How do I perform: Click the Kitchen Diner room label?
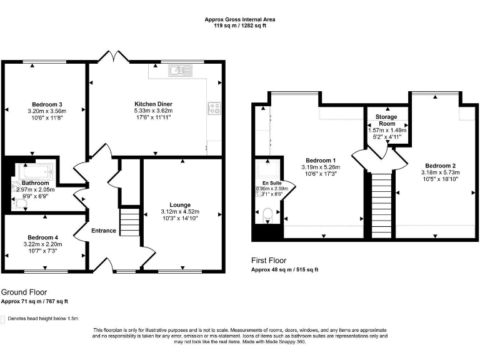[153, 104]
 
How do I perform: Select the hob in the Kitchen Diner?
[214, 109]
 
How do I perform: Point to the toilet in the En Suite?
[268, 214]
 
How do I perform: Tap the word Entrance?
[104, 231]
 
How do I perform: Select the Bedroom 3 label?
[47, 104]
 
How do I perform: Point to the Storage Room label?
[387, 120]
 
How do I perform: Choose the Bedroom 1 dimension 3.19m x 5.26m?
[321, 167]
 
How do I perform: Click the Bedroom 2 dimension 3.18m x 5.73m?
[440, 172]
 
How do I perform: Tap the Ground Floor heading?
[24, 292]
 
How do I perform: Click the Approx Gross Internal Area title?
[240, 19]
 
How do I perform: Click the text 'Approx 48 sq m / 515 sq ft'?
[285, 270]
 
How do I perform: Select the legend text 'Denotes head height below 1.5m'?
[43, 318]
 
